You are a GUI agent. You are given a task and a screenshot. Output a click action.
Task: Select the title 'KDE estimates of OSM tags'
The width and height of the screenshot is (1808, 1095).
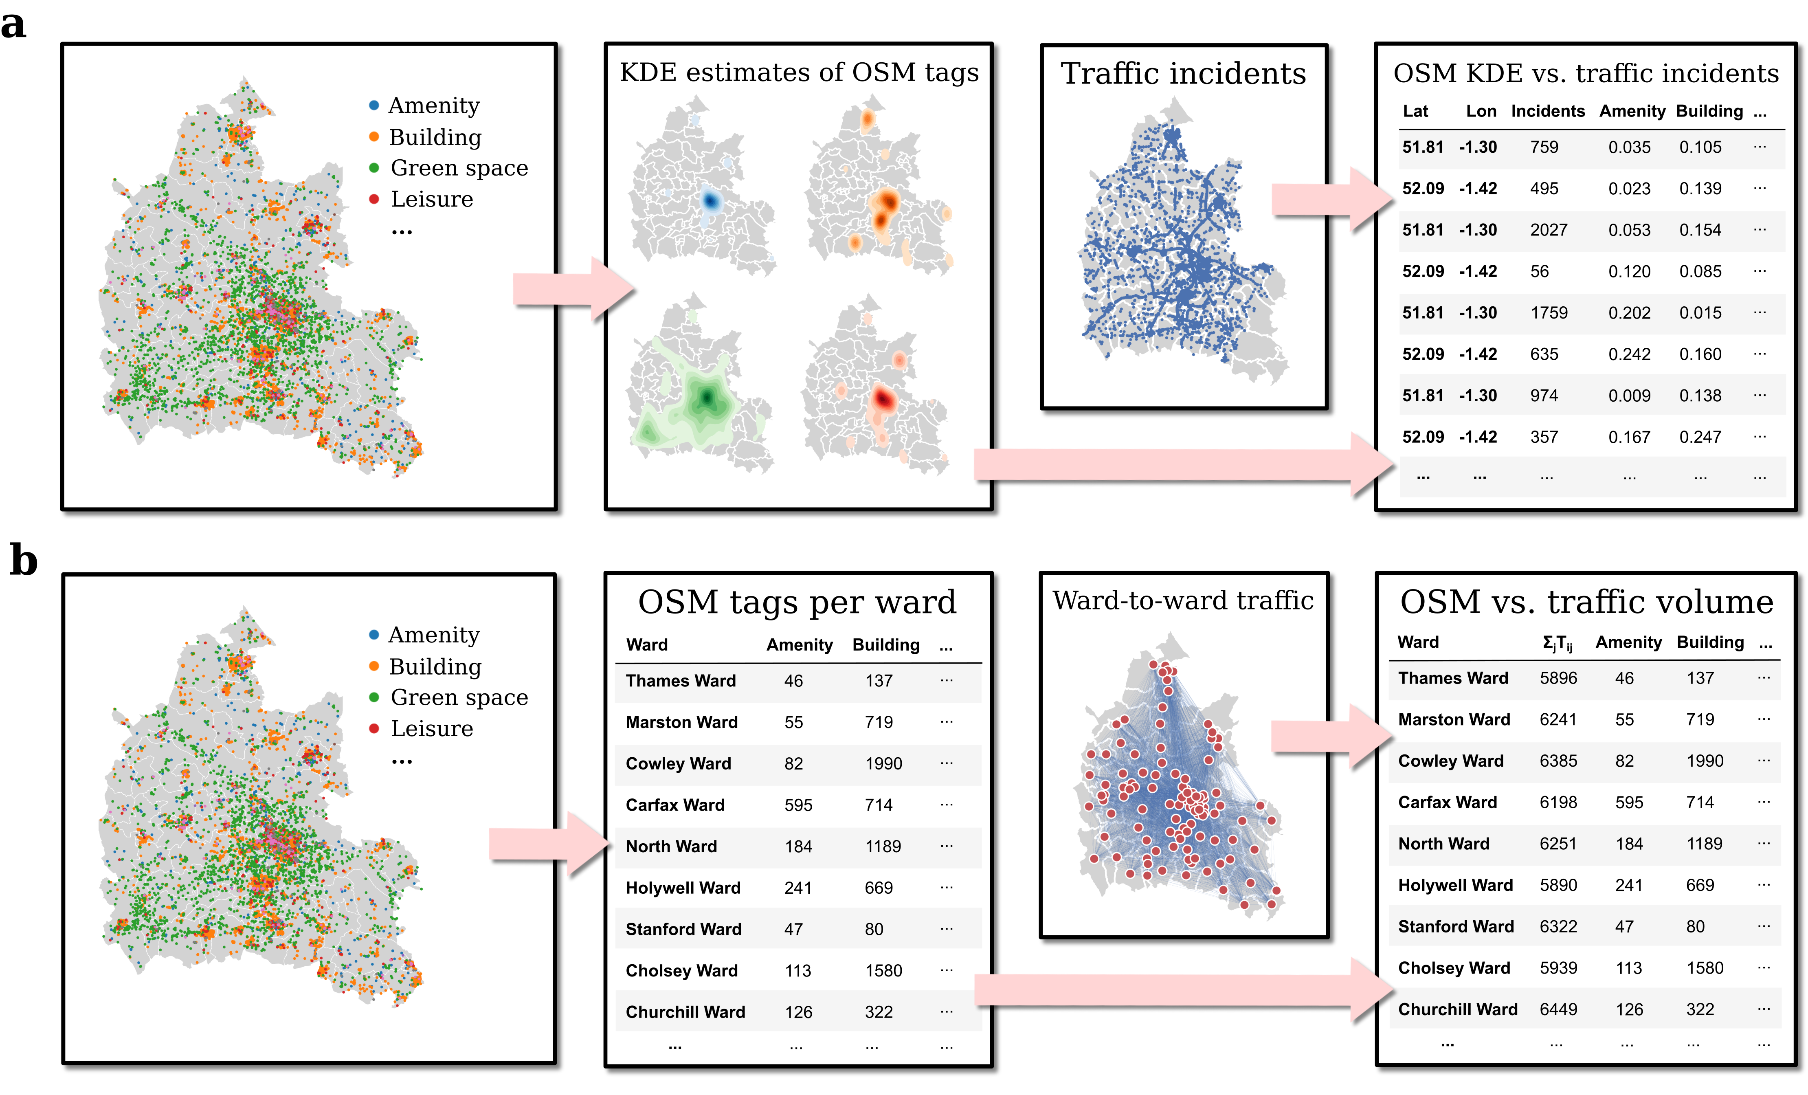[x=798, y=73]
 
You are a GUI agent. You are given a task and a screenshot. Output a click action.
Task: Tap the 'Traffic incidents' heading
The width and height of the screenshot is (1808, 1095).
[x=1183, y=73]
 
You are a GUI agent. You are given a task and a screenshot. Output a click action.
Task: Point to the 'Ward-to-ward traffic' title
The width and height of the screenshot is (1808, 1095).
[x=1183, y=600]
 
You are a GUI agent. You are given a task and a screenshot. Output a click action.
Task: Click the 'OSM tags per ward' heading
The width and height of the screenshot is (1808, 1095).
[x=797, y=602]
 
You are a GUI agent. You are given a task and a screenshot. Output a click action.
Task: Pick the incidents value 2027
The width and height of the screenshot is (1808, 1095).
[x=1548, y=230]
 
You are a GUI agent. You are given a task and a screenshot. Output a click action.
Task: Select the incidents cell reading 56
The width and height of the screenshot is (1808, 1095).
[x=1540, y=272]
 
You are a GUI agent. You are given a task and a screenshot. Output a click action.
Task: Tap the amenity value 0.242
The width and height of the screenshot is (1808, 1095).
[x=1629, y=354]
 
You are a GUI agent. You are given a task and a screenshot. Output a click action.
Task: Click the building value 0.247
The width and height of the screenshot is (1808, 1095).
[x=1700, y=438]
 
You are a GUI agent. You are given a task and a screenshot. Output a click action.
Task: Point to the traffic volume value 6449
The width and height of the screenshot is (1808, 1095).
[x=1558, y=1010]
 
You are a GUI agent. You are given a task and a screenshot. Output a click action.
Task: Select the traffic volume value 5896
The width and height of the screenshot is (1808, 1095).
[x=1558, y=678]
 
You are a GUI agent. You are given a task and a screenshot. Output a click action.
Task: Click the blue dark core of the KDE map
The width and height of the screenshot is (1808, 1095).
[x=710, y=200]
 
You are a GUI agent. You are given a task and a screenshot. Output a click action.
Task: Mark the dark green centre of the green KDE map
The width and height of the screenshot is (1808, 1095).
[x=707, y=398]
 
